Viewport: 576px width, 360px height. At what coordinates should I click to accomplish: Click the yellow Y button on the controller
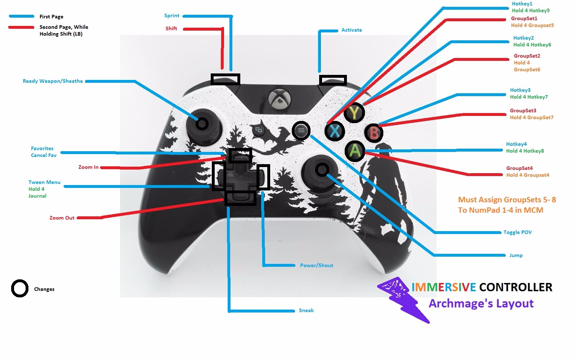coord(354,113)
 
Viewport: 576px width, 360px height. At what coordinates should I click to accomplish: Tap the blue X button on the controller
coord(335,131)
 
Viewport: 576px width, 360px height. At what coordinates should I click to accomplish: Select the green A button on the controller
coord(355,150)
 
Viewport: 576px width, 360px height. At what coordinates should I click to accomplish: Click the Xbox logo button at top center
coord(278,98)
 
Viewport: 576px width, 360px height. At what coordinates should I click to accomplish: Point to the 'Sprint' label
coord(171,15)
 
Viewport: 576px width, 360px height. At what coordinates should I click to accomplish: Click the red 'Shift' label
coord(171,28)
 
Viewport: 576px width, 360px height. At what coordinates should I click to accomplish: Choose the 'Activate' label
coord(352,30)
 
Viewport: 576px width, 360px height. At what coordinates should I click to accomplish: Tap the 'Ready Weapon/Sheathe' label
coord(53,81)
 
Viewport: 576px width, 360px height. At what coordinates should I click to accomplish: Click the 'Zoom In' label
coord(88,167)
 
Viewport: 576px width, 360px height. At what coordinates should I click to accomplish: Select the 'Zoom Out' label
coord(62,218)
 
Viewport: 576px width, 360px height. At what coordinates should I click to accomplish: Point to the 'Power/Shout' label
coord(317,265)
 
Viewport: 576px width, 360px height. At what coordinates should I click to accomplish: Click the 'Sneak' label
coord(306,310)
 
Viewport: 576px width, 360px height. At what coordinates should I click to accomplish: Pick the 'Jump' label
coord(516,255)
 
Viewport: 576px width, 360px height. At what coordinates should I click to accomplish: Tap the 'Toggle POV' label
coord(517,232)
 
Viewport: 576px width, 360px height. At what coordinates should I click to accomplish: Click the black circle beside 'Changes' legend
coord(19,288)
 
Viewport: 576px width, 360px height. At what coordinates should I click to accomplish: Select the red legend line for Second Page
coord(21,27)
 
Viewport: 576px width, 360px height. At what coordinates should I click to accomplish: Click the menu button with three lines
coord(301,130)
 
